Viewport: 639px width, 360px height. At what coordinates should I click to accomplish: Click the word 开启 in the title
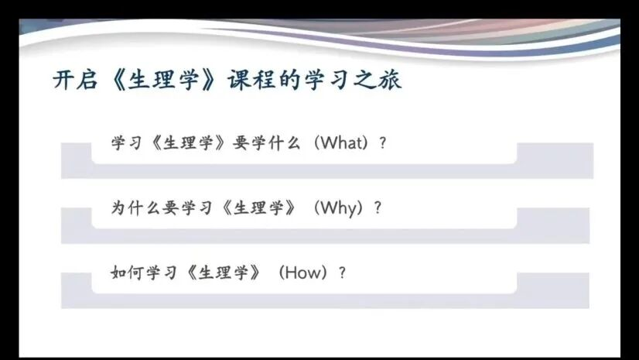point(75,80)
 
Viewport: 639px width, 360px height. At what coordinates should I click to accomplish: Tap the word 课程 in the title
point(251,80)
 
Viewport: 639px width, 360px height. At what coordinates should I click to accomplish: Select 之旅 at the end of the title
point(378,80)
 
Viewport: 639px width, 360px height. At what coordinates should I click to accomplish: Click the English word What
point(341,142)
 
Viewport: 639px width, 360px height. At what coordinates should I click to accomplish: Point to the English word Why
point(339,208)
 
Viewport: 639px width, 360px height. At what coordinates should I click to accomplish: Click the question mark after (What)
point(382,143)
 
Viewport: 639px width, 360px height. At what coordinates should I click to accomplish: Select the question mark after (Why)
point(378,208)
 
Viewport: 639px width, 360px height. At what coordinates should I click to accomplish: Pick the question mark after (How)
point(342,273)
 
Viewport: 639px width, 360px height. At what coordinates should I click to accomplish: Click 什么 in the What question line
point(285,143)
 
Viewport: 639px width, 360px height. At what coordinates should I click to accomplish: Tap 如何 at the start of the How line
point(127,273)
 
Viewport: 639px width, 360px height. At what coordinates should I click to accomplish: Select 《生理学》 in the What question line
point(187,143)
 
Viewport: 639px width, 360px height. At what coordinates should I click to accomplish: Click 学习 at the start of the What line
point(127,143)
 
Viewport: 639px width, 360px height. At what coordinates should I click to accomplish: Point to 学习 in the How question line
point(162,273)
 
